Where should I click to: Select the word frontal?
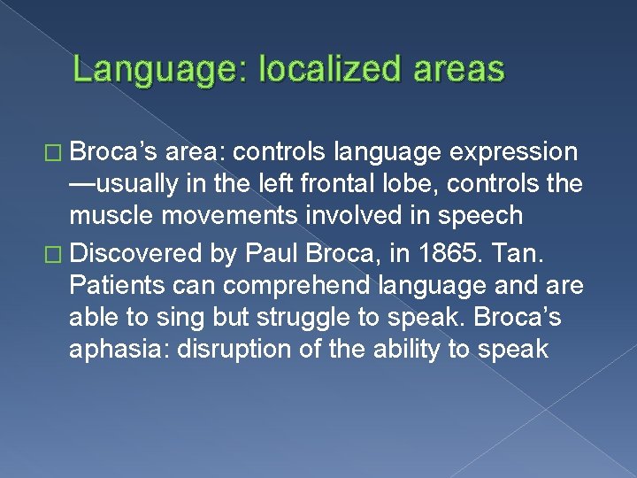(x=386, y=185)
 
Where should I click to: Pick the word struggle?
(x=297, y=316)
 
